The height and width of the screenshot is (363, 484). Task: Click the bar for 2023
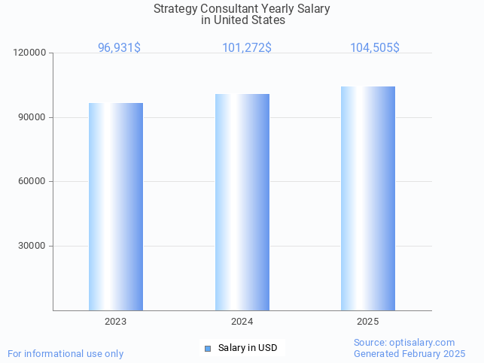tap(116, 207)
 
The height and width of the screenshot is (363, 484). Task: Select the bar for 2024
tap(242, 202)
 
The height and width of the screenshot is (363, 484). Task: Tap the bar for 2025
tap(368, 198)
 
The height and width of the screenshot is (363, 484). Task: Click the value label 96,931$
tap(119, 48)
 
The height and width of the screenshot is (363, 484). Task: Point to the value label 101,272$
tap(247, 48)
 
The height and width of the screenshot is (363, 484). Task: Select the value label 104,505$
tap(375, 48)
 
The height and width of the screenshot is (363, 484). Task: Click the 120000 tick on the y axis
tap(30, 53)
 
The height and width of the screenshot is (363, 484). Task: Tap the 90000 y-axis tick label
tap(32, 117)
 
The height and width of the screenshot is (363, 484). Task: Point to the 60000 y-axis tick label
tap(32, 181)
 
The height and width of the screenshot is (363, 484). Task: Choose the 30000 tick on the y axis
tap(32, 246)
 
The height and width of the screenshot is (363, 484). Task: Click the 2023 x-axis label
tap(116, 321)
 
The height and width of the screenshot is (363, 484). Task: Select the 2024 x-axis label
tap(242, 321)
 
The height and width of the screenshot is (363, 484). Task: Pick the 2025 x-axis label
tap(368, 321)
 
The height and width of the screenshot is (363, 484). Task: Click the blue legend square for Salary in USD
tap(208, 348)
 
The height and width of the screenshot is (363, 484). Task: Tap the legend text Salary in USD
tap(248, 348)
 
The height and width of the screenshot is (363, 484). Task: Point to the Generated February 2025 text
tap(409, 353)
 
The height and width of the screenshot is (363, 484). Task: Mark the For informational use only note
tap(65, 353)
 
